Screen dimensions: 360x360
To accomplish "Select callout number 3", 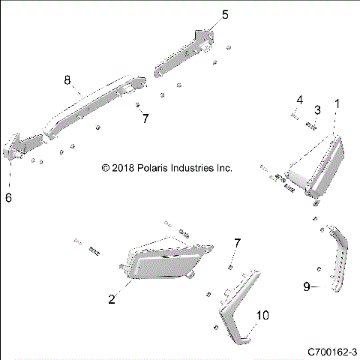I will coord(317,110).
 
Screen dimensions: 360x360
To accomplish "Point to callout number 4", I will coord(298,100).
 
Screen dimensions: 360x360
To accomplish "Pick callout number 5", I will coord(203,14).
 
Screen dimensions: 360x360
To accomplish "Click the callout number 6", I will coord(8,198).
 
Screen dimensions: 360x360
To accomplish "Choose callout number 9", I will coord(306,286).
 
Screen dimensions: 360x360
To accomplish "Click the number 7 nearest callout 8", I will coord(146,118).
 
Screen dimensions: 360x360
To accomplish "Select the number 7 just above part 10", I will coord(237,243).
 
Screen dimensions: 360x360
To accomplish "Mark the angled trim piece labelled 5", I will coord(184,52).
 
